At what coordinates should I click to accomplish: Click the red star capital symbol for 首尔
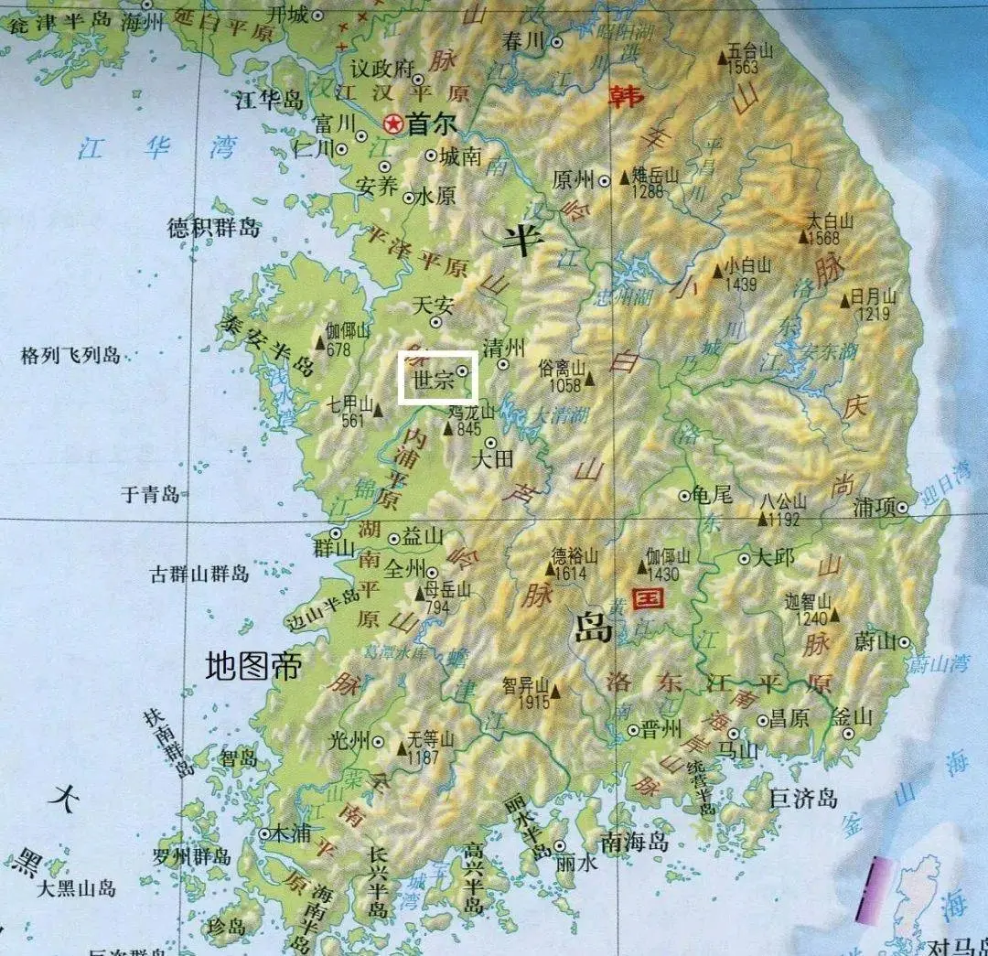coord(394,123)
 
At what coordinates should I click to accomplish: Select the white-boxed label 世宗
coord(434,381)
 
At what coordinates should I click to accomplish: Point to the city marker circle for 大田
coord(491,443)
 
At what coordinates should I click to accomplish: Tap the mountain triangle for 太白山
coord(804,238)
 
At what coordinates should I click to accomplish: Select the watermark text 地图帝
coord(253,665)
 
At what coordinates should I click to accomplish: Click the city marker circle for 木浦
coord(264,833)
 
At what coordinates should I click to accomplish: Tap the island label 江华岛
coord(269,100)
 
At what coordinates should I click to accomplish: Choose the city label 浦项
coord(873,508)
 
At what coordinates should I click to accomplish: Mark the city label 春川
coord(524,41)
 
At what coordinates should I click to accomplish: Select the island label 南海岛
coord(634,842)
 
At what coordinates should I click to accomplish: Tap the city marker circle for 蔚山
coord(904,642)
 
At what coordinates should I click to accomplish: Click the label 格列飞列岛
coord(71,356)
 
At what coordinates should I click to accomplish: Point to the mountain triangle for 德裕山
coord(551,570)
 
